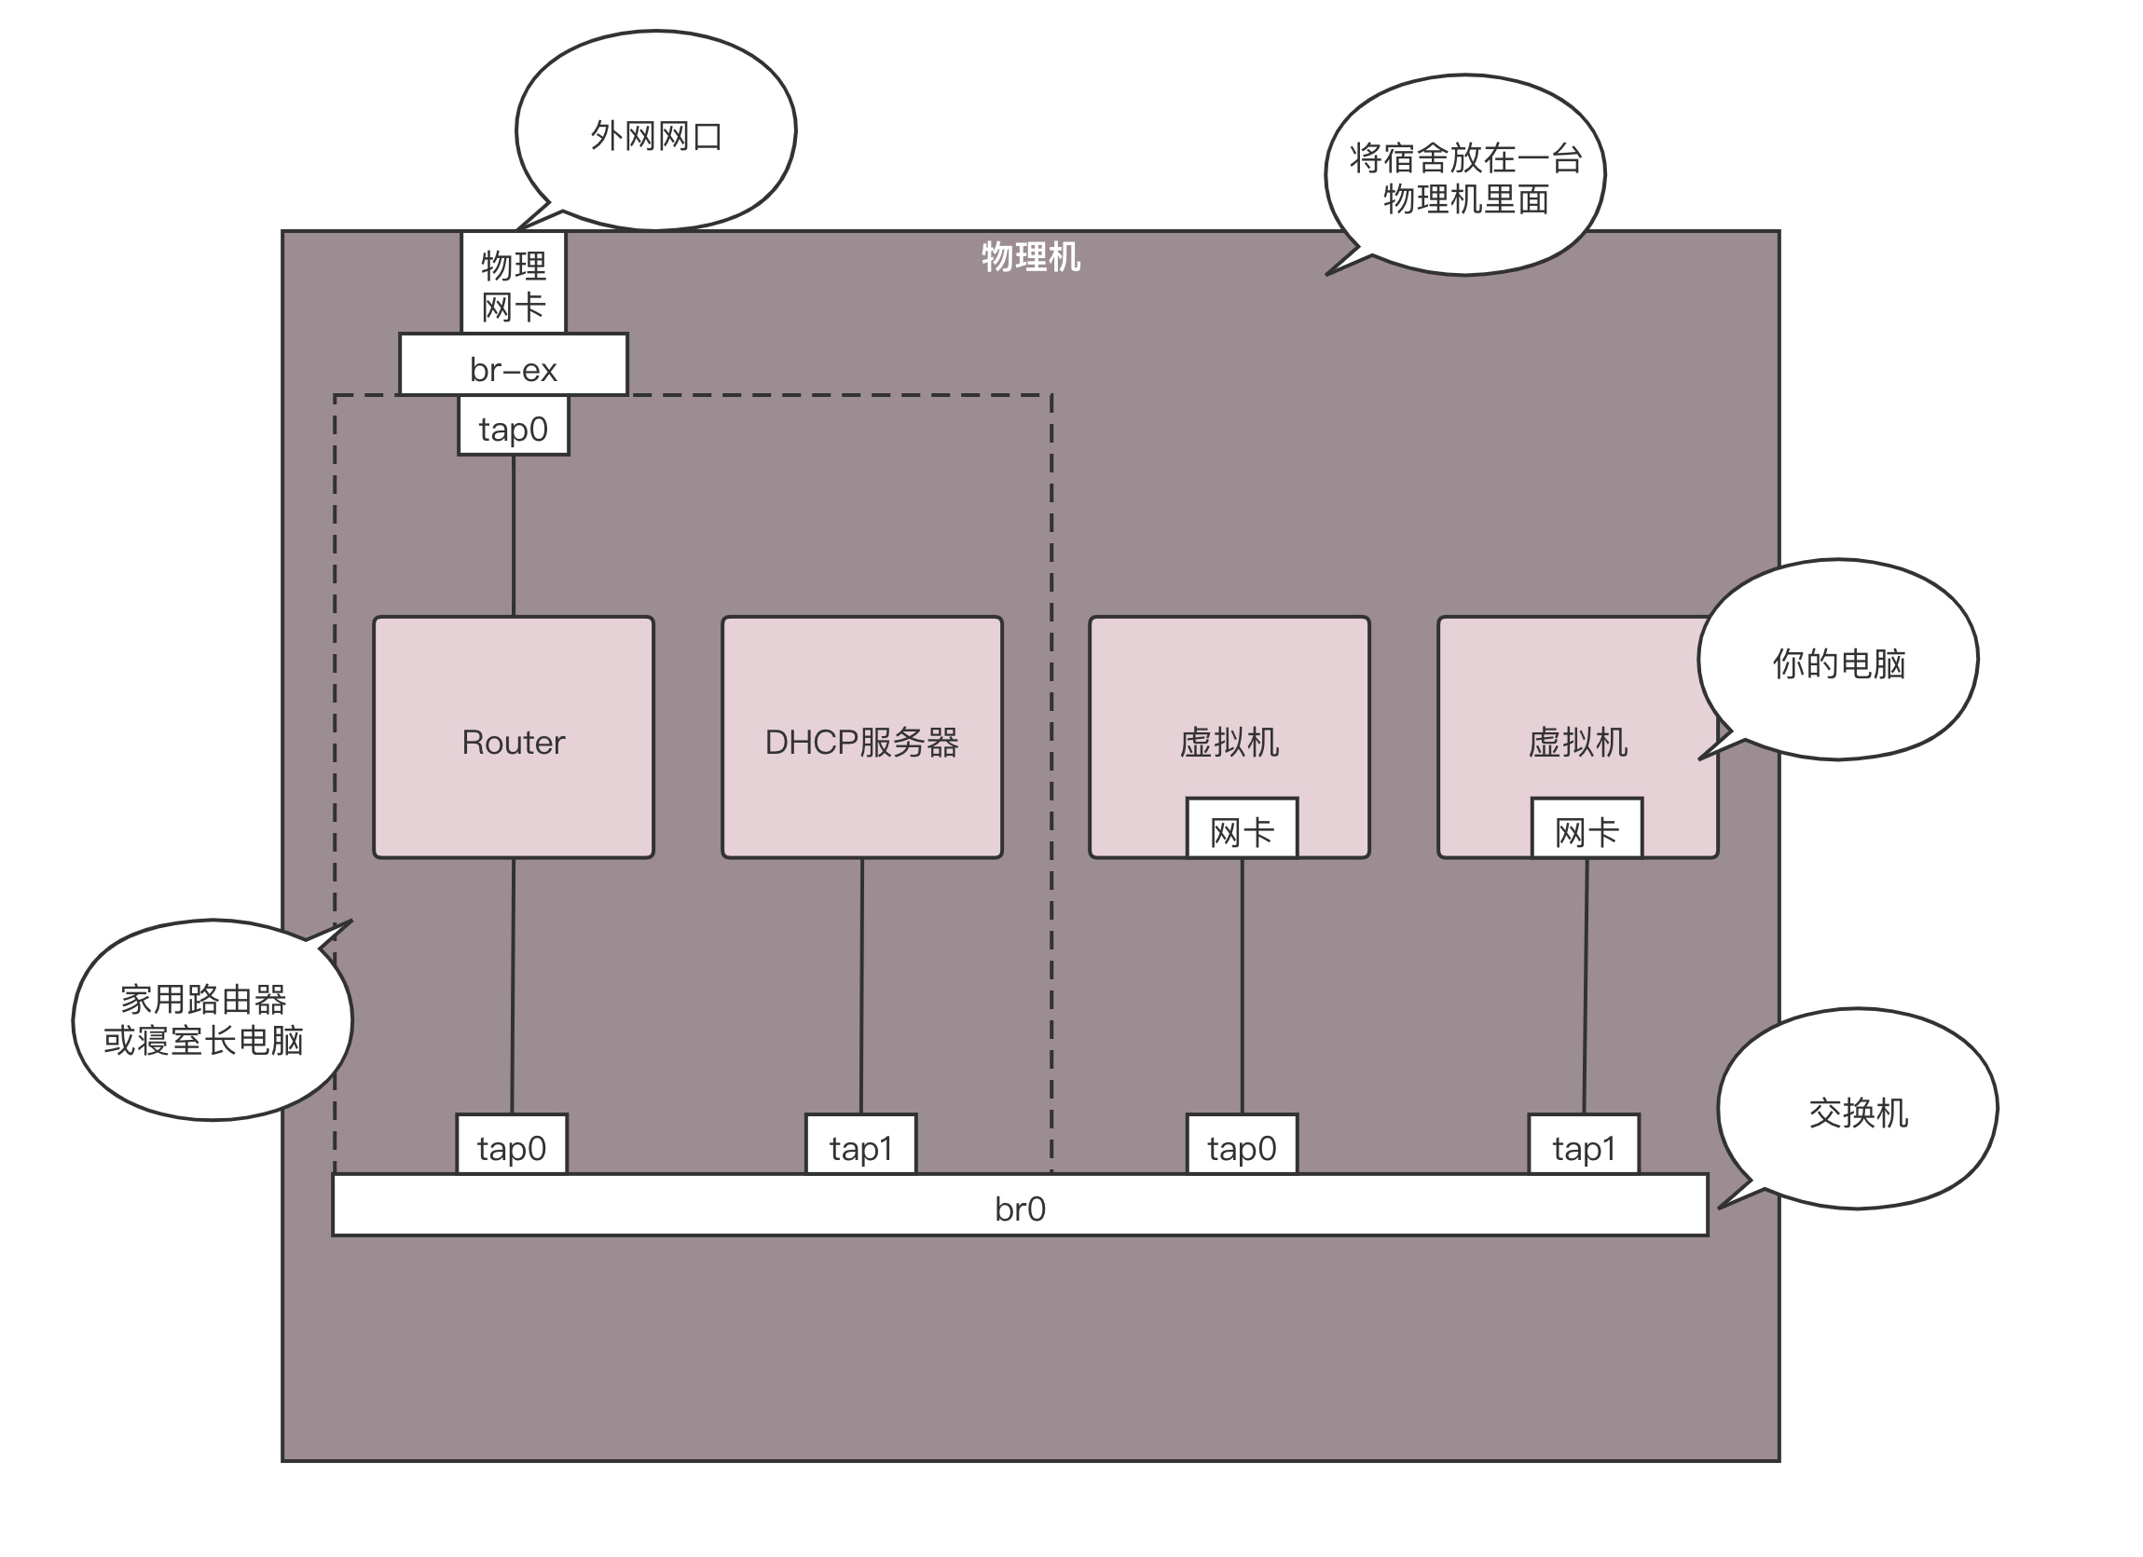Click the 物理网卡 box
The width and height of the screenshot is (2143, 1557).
[x=513, y=283]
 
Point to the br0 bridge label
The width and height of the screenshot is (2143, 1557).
[x=1020, y=1209]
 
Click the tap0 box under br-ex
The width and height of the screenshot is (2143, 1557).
[x=513, y=427]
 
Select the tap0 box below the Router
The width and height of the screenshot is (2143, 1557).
[x=511, y=1146]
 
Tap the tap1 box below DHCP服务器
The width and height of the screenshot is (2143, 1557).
[x=859, y=1146]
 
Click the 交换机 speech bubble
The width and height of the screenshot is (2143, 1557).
[x=1857, y=1111]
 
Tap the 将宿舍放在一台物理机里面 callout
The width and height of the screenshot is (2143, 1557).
[x=1464, y=177]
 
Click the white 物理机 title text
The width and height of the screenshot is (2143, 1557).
[x=1030, y=257]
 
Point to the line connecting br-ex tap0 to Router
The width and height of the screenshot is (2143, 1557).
[x=513, y=536]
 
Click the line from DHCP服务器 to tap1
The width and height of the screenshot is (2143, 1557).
[x=860, y=986]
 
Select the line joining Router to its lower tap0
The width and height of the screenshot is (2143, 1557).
[x=512, y=986]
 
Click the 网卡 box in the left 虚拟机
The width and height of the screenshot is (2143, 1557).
[x=1242, y=829]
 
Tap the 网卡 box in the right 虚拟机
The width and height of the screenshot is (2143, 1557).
[x=1587, y=829]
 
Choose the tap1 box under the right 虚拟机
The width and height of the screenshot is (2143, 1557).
[x=1584, y=1146]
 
